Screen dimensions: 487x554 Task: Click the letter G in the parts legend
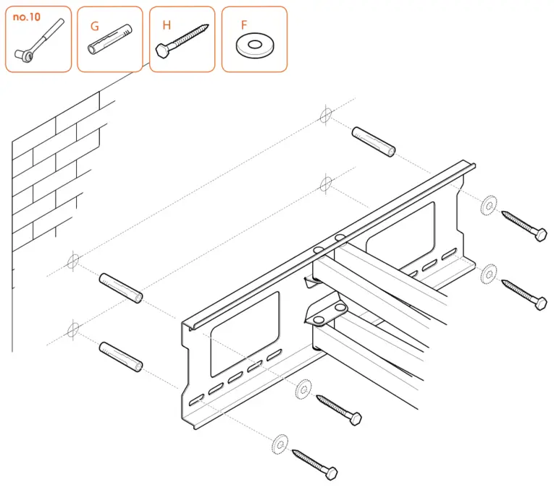(x=94, y=26)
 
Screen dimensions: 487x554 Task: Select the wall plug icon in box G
(x=109, y=43)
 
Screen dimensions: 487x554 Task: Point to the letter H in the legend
(x=167, y=25)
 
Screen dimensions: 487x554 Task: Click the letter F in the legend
(x=244, y=25)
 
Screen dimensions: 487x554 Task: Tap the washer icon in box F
(x=253, y=46)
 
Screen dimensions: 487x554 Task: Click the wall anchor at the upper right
(x=373, y=141)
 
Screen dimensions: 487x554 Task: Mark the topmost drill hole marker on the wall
(x=325, y=116)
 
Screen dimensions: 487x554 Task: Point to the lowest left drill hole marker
(x=71, y=331)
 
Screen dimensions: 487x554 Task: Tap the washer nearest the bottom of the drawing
(x=279, y=441)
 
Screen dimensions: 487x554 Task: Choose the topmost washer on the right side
(x=489, y=205)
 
